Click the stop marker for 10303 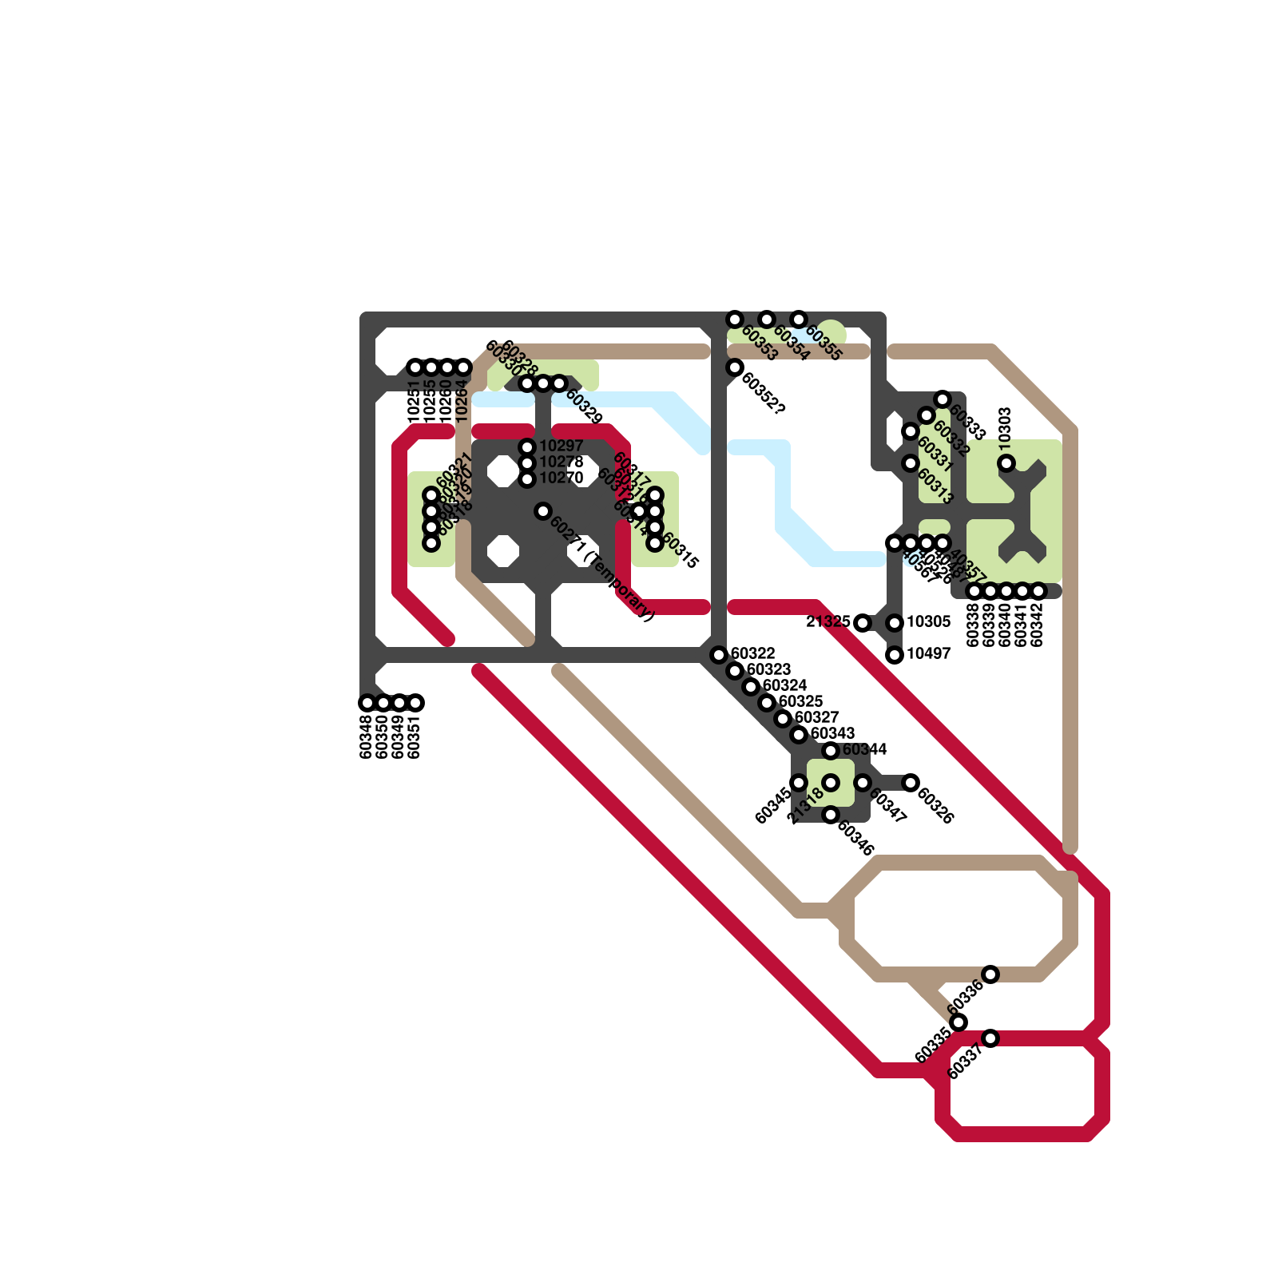tap(1006, 463)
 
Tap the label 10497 tap(929, 654)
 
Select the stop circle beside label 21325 tap(863, 623)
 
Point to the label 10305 tap(929, 622)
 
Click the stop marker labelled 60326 tap(911, 783)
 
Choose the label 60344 tap(865, 750)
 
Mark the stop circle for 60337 tap(990, 1038)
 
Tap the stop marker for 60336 tap(990, 974)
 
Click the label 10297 tap(562, 447)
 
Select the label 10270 tap(562, 478)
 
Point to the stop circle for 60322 tap(719, 655)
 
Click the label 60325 tap(801, 702)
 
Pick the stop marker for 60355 tap(799, 319)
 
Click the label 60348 tap(367, 736)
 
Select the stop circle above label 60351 tap(415, 703)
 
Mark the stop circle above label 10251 tap(415, 367)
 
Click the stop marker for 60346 tap(831, 815)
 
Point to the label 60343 tap(833, 734)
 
